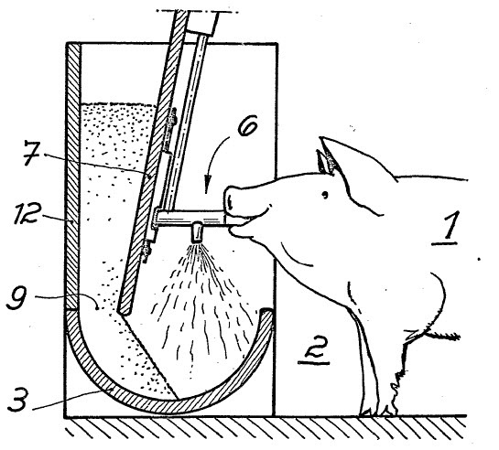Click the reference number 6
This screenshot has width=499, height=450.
247,127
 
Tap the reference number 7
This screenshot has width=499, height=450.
32,154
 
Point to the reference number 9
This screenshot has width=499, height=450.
17,298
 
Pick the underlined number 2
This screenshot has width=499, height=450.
314,350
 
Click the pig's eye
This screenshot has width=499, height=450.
324,195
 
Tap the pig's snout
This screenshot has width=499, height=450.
233,201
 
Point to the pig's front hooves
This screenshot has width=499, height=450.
379,411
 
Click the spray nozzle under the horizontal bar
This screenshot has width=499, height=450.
196,233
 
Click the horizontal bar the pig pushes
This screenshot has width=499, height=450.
190,217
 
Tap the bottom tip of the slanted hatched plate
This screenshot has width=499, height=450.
124,313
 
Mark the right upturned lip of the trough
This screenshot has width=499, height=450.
266,315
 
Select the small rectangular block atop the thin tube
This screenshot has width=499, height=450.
202,22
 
